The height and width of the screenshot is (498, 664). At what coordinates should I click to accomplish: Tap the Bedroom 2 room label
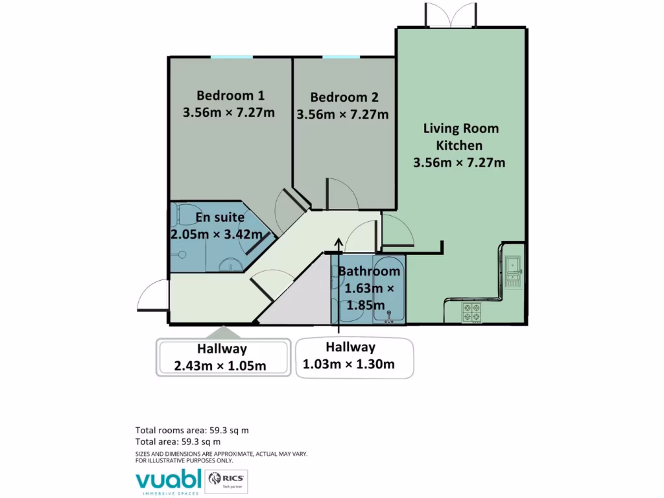coord(344,97)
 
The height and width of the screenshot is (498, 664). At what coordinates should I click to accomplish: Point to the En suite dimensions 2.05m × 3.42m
coord(216,234)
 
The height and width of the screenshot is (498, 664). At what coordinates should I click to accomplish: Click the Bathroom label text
coord(368,271)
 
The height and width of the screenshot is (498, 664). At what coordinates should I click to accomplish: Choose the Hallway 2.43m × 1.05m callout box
coord(222,357)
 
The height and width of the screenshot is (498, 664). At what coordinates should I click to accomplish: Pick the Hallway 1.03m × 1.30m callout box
coord(354,357)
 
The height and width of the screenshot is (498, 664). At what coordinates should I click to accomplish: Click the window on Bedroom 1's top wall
coord(231,57)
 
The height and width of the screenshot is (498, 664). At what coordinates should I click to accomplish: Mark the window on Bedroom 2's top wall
coord(341,57)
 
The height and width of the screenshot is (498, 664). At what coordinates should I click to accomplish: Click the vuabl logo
coord(167,480)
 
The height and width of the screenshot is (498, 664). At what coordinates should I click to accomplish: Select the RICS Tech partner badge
coord(226,480)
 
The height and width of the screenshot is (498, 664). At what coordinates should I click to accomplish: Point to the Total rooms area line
coord(192,430)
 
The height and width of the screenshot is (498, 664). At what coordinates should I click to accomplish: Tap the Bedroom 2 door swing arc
coord(340,194)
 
